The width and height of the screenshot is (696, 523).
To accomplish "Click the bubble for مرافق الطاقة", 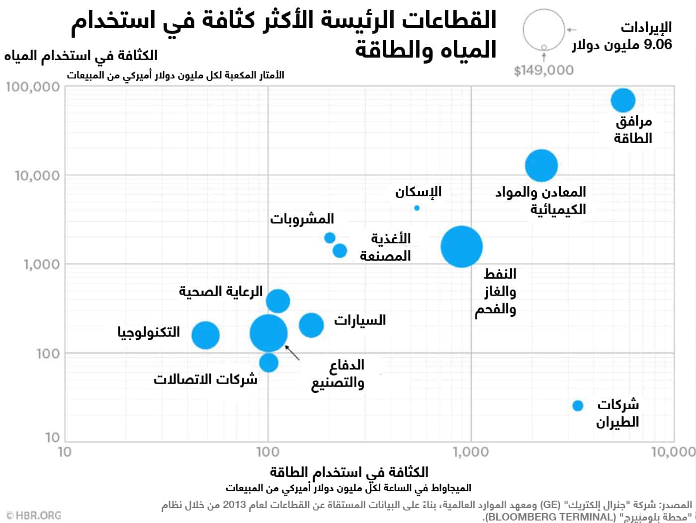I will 623,100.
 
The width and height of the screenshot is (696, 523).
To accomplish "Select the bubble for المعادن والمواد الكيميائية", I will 541,165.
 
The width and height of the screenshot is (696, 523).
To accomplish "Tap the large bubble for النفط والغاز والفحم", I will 461,246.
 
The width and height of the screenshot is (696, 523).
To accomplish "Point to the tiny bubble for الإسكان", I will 417,208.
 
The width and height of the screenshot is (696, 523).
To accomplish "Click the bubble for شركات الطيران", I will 577,406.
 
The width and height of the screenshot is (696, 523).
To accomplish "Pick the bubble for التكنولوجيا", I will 205,335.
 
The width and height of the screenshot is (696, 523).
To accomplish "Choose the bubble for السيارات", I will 311,325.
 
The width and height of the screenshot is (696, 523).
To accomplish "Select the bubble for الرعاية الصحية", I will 278,300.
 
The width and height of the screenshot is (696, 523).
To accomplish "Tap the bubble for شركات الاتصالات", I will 268,363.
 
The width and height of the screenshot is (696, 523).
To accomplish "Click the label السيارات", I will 359,320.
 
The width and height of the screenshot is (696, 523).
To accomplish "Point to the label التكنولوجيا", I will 149,332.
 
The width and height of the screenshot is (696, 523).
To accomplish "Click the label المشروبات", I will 302,219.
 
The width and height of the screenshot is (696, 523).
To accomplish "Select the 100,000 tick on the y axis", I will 33,87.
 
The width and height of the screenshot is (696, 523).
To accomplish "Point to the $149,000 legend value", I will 543,71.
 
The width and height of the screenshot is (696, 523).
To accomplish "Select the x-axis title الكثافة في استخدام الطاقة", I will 348,472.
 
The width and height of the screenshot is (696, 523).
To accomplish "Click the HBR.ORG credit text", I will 34,515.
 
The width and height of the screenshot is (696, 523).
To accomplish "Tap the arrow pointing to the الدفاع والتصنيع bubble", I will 293,352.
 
